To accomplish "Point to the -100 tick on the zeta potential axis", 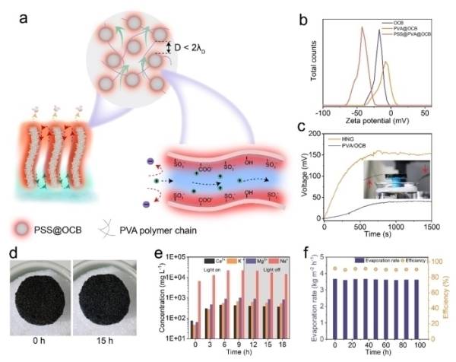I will [323, 112].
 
